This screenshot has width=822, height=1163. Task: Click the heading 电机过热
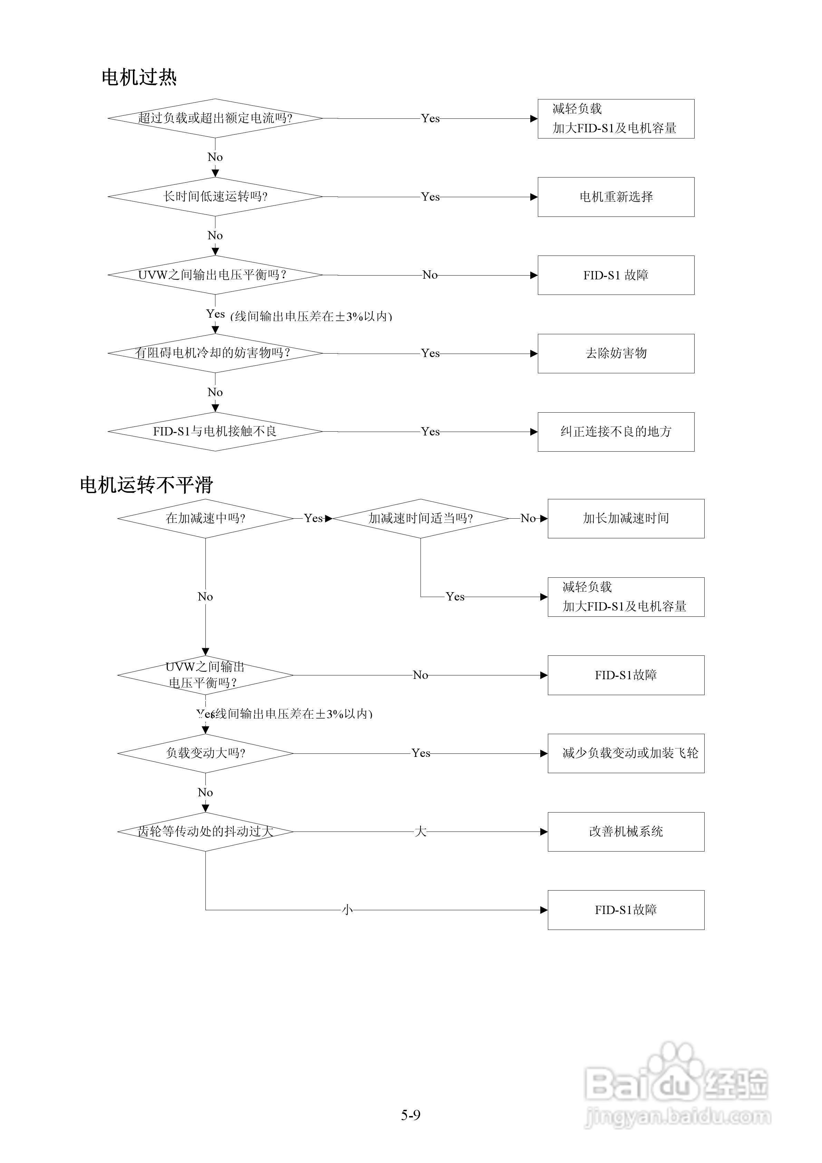pyautogui.click(x=139, y=77)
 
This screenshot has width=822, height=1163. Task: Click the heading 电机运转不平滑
pyautogui.click(x=146, y=485)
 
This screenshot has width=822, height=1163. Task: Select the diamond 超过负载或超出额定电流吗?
pyautogui.click(x=215, y=118)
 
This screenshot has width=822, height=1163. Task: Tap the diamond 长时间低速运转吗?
pyautogui.click(x=215, y=196)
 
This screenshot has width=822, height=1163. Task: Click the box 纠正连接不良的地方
pyautogui.click(x=616, y=432)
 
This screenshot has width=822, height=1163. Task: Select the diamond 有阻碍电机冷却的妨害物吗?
pyautogui.click(x=215, y=353)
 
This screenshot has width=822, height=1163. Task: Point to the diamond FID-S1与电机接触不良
pyautogui.click(x=215, y=432)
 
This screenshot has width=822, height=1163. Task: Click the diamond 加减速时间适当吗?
pyautogui.click(x=420, y=518)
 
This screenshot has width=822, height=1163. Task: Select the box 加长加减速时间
pyautogui.click(x=626, y=518)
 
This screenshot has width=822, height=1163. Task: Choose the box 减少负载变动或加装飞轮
pyautogui.click(x=626, y=753)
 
